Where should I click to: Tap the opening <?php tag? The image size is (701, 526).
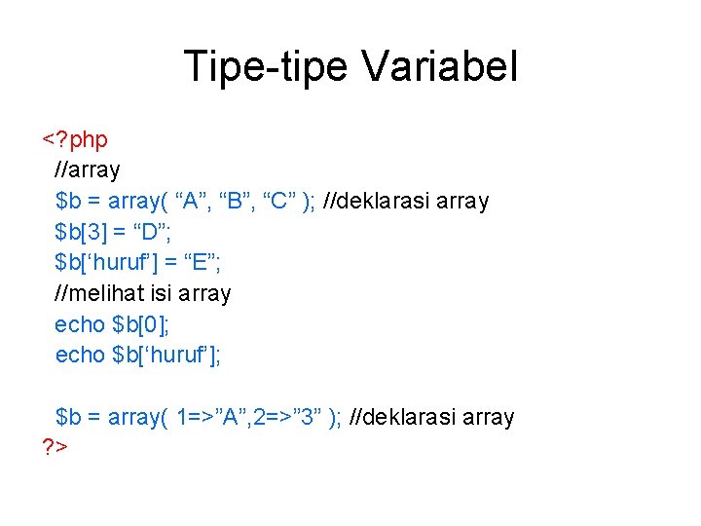tap(75, 139)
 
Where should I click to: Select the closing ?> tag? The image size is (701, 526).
tap(54, 447)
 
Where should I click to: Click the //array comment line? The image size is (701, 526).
tap(89, 170)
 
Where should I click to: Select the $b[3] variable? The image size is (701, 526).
tap(87, 232)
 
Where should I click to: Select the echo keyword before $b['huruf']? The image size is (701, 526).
tap(80, 356)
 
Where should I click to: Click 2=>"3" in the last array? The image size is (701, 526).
tap(291, 417)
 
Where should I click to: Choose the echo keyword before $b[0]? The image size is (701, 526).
tap(80, 324)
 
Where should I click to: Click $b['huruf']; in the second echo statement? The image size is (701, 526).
tap(167, 356)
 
